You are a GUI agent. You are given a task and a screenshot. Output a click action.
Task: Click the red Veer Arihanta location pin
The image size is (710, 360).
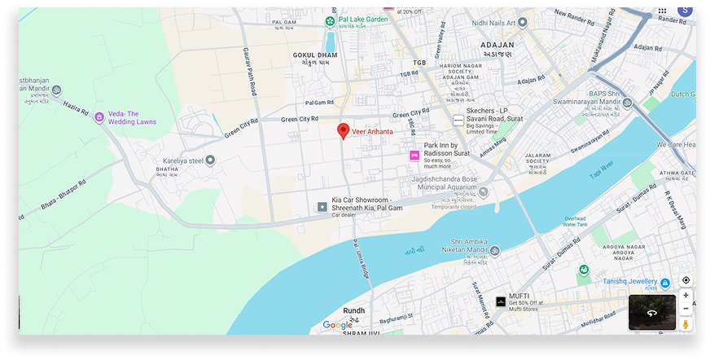344,131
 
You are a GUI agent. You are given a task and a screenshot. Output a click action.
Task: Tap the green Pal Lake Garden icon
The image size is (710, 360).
329,20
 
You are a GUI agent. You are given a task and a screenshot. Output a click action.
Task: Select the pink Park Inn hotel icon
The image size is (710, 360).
414,155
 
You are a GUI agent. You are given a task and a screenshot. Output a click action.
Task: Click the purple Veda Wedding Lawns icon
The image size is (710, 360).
99,117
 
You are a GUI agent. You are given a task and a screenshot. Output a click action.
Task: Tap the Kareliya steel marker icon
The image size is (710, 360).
210,160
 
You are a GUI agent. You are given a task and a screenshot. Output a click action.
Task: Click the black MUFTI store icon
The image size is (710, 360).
500,302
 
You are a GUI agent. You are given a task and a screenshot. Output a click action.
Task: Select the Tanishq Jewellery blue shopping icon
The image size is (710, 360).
665,283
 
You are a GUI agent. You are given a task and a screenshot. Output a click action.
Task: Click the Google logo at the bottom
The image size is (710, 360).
337,325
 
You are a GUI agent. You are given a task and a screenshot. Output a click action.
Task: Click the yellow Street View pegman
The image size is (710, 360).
686,324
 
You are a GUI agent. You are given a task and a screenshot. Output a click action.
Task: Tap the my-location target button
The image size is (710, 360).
686,280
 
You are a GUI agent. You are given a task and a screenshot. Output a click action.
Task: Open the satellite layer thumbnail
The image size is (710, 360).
651,312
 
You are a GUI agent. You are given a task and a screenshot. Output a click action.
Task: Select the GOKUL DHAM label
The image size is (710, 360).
314,55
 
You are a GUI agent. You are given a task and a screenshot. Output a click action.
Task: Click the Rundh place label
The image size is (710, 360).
354,310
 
